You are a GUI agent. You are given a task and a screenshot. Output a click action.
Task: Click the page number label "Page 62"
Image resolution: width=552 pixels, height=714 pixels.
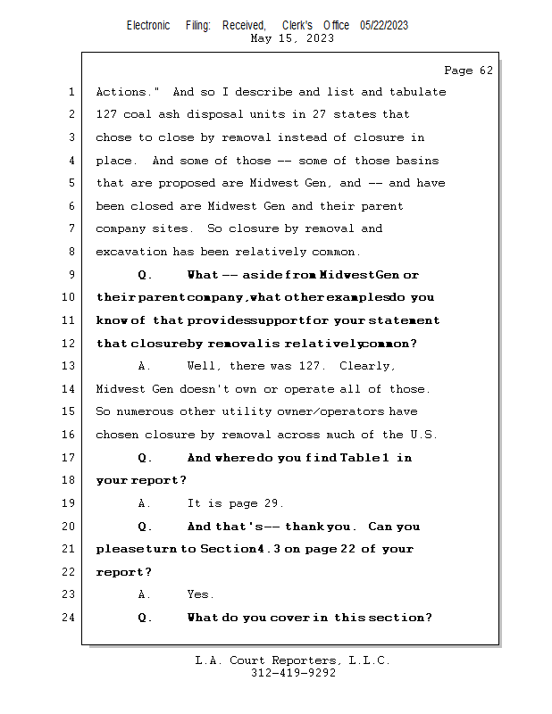click(468, 71)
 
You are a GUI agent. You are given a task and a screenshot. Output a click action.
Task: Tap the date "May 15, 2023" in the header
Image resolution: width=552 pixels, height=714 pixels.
click(293, 38)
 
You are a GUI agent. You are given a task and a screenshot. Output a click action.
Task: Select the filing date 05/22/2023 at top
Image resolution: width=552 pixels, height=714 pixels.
click(384, 25)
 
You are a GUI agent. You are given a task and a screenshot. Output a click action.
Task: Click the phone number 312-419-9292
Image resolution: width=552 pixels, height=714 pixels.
click(293, 673)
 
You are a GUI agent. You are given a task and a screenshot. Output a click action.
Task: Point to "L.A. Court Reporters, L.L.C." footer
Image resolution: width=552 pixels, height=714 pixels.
click(293, 660)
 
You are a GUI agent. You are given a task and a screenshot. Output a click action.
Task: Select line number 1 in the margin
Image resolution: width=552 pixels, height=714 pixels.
click(71, 92)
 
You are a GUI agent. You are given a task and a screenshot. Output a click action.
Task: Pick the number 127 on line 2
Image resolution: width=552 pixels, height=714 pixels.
click(107, 114)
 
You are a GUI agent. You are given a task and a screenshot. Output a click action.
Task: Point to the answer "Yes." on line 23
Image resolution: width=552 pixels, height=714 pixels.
click(200, 594)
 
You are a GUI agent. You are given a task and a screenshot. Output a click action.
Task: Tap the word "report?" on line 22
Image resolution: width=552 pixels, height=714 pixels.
click(123, 572)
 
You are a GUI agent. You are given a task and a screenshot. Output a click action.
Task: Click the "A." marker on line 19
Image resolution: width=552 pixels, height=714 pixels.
click(145, 503)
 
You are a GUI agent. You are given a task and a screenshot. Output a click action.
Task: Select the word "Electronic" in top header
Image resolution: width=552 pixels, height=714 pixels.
click(148, 25)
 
